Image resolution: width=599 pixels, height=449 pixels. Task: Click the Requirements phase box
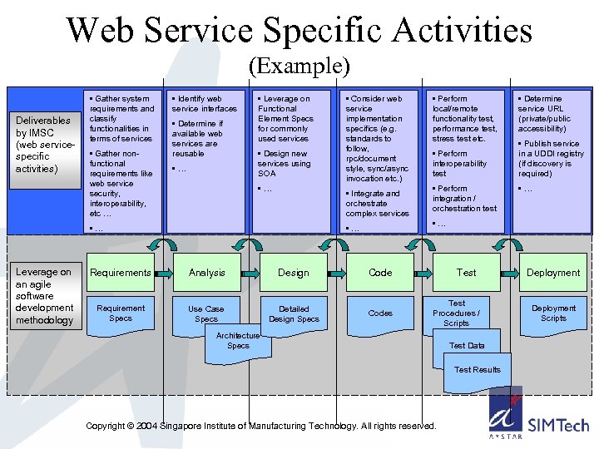click(x=121, y=273)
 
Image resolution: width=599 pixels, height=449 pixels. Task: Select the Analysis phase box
click(x=206, y=273)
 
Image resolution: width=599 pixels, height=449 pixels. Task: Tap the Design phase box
click(x=293, y=273)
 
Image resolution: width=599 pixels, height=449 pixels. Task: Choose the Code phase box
click(x=380, y=273)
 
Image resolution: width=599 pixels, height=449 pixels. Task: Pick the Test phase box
click(x=467, y=273)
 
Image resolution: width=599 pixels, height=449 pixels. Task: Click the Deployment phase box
click(x=553, y=273)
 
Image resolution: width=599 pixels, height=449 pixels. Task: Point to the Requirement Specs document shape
click(x=121, y=313)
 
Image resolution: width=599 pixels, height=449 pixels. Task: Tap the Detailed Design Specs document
click(x=294, y=313)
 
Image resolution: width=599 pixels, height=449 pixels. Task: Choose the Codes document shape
click(x=380, y=313)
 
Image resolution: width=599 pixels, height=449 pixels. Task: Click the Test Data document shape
click(x=467, y=347)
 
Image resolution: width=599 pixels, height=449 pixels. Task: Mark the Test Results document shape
click(x=478, y=371)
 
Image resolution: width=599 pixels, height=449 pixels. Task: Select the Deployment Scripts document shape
click(x=553, y=313)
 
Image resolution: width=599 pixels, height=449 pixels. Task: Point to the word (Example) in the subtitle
click(x=299, y=66)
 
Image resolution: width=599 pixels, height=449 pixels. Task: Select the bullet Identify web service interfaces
click(x=205, y=104)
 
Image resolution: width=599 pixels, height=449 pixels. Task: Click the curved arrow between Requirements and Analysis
click(x=163, y=244)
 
